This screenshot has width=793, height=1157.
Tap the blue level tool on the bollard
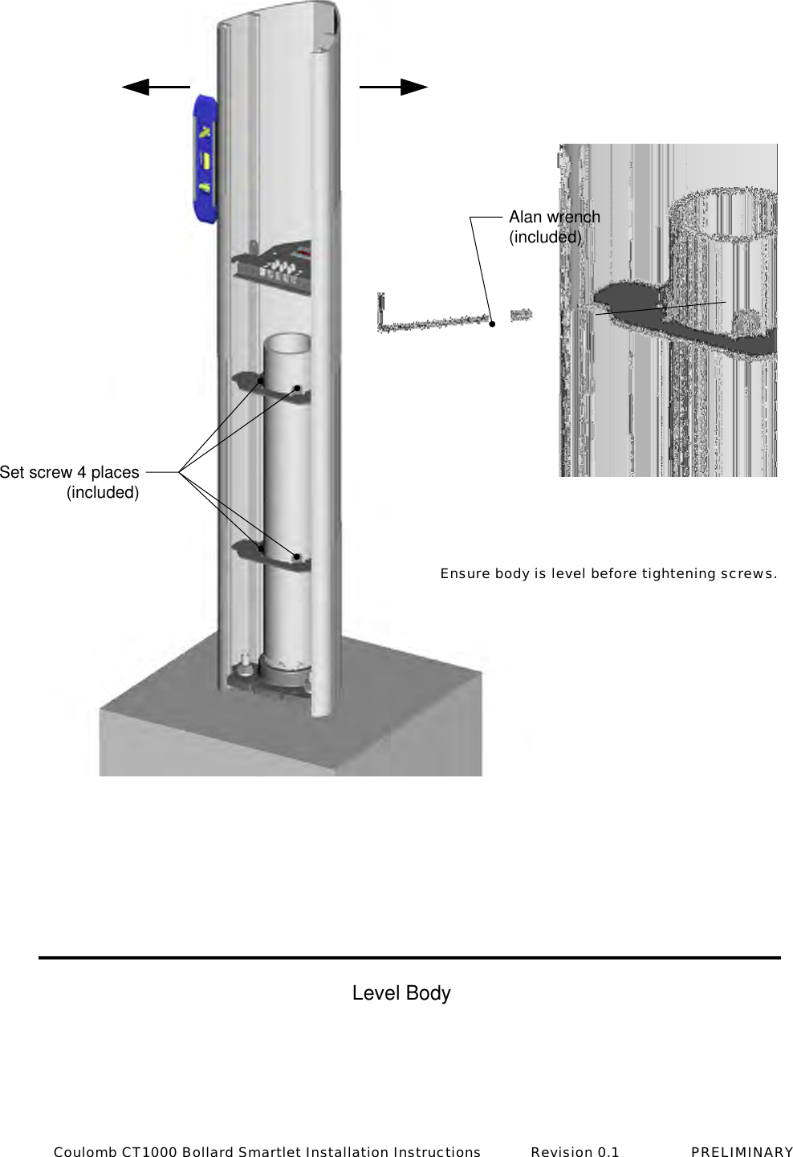(205, 159)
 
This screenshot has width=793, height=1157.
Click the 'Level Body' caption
(401, 993)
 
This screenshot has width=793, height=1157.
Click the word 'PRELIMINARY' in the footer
(742, 1152)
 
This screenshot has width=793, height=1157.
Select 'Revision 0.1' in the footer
(575, 1152)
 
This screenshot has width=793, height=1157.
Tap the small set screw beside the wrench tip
(521, 315)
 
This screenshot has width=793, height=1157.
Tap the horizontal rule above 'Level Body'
(409, 957)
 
